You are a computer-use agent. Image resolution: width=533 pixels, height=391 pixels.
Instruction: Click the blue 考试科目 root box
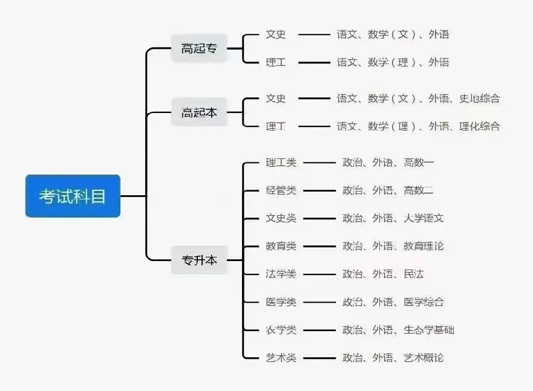coord(73,196)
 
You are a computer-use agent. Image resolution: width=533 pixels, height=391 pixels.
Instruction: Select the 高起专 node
coord(199,48)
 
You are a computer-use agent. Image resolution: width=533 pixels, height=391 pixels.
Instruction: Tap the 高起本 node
coord(199,112)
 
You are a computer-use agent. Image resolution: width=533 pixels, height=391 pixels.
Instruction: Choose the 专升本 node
coord(199,260)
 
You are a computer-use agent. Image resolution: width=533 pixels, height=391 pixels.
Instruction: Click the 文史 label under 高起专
coord(276,34)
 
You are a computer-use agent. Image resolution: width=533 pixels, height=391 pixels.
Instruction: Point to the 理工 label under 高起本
coord(276,126)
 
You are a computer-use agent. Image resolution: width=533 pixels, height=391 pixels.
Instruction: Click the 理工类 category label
coord(281,163)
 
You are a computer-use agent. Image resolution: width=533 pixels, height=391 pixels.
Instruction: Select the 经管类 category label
coord(281,190)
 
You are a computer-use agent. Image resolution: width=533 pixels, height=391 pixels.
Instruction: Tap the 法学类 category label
coord(281,274)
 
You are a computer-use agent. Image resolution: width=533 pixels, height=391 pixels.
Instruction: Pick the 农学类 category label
coord(281,329)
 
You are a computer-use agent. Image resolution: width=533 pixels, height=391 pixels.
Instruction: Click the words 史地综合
coord(480,99)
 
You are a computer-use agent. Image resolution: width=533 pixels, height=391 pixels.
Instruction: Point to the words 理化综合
coord(480,126)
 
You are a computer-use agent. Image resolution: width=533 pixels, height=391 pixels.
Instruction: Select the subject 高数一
coord(419,163)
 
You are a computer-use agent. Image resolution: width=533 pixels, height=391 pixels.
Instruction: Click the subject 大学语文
coord(423,218)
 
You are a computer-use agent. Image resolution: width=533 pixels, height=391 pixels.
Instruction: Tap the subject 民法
coord(414,274)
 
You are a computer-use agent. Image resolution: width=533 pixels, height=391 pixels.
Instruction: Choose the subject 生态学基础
coord(429,329)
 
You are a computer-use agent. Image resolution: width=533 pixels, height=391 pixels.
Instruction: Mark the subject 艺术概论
coord(423,357)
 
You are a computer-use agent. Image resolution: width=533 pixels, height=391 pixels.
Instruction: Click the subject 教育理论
coord(423,246)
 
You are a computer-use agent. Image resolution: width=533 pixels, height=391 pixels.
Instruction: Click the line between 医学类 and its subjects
coord(319,302)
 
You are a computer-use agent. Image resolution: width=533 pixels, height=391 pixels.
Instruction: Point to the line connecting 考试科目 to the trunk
coord(133,196)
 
